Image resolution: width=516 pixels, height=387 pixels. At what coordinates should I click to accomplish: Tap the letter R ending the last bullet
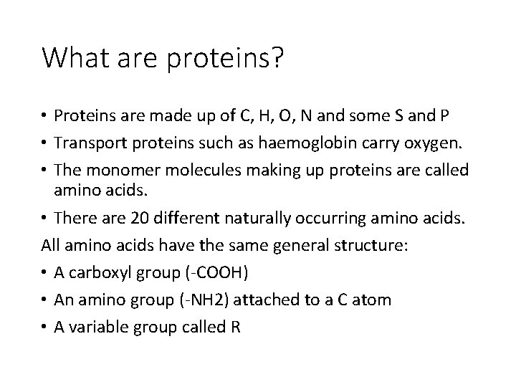click(x=236, y=327)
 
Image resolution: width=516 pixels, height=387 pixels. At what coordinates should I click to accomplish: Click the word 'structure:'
click(x=373, y=246)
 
